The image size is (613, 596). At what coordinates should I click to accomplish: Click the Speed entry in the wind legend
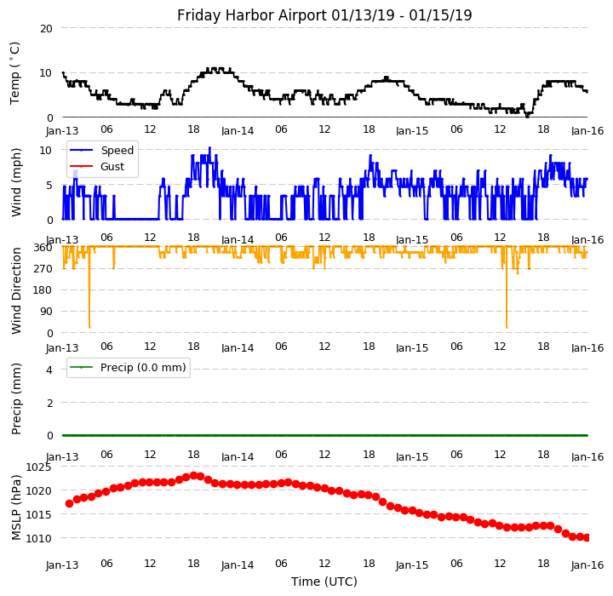coord(117,151)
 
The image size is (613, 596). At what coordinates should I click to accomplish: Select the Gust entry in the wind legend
coord(112,167)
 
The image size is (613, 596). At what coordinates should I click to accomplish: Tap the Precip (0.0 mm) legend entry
coord(143,368)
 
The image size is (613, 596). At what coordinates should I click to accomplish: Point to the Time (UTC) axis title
coord(324,582)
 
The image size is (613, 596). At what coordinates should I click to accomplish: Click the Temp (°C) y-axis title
coord(14,73)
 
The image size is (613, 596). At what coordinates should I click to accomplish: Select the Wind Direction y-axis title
coord(16,290)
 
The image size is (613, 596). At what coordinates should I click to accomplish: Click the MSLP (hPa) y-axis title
coord(16,507)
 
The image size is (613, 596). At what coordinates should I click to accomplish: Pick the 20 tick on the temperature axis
coord(46,29)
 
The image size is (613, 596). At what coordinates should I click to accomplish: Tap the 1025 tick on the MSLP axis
coord(38,467)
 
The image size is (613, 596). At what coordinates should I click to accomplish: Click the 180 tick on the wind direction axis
coord(43,290)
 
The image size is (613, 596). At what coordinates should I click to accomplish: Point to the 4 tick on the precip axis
coord(49,370)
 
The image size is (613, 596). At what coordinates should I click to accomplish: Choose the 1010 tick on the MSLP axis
coord(38,538)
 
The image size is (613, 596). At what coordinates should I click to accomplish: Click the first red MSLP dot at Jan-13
coord(70,504)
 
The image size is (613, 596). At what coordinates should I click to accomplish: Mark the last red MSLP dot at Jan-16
coord(586,538)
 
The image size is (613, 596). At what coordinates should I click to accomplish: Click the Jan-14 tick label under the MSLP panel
coord(238,565)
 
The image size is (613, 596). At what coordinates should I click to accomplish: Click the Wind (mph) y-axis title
coord(16,183)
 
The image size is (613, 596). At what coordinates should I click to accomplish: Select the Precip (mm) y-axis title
coord(16,399)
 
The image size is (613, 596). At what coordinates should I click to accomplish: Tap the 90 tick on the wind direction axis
coord(46,312)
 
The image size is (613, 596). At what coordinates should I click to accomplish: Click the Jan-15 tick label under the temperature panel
coord(412,131)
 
